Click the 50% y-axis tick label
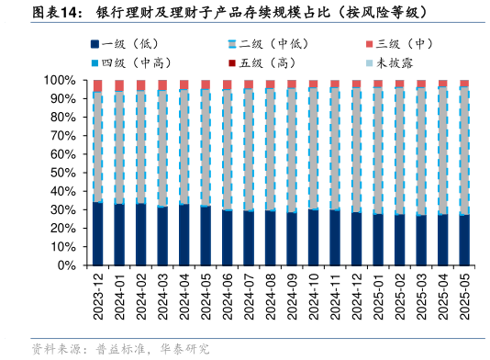tap(63, 173)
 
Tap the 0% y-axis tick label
tap(67, 265)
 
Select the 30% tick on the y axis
tap(63, 209)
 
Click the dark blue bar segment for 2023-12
tap(97, 234)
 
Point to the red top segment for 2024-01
tap(119, 85)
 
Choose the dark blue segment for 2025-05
tap(463, 240)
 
